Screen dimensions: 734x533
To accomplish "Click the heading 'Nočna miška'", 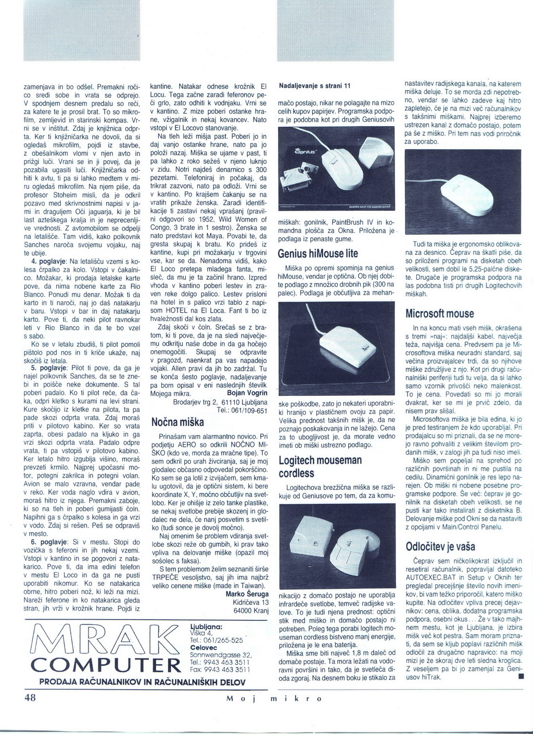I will coord(177,422).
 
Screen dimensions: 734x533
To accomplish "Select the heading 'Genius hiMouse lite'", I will coord(318,254).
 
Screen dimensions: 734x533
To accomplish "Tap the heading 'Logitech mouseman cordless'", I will coord(320,467).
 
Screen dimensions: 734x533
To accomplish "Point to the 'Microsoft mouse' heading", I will coord(440,314).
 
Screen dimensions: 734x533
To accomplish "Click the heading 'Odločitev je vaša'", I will coord(440,547).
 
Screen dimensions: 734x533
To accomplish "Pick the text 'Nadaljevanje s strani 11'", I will coord(315,85).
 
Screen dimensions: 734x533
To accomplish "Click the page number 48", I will coord(30,698).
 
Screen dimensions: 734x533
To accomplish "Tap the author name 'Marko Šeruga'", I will coord(247,594).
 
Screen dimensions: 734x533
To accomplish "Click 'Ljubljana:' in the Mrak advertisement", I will coord(207,626).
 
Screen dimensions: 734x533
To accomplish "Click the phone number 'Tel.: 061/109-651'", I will coord(241,410).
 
